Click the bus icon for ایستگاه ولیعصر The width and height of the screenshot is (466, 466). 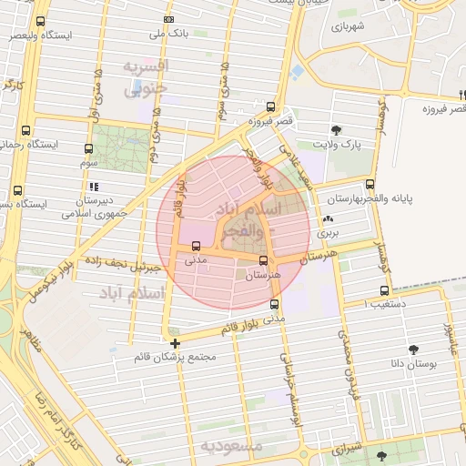pos(40,21)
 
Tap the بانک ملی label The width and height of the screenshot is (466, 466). pos(168,34)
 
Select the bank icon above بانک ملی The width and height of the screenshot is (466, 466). pos(168,19)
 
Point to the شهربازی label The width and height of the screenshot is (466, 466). pos(349,27)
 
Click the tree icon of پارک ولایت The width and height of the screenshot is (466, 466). pos(337,130)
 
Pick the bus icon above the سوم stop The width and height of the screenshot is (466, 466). pos(88,148)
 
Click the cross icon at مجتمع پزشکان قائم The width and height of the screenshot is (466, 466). pos(175,343)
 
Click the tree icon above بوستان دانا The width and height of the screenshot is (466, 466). pos(414,349)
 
